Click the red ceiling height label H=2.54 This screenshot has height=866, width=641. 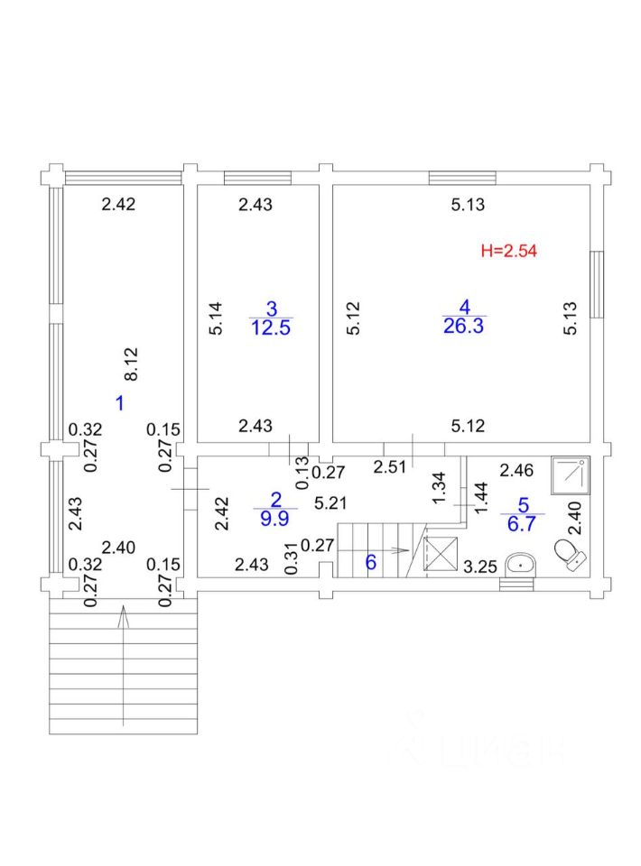tap(509, 252)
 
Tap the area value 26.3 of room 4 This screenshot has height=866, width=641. tap(464, 327)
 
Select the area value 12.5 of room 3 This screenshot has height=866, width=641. tap(271, 327)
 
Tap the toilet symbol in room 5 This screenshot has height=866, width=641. tap(569, 553)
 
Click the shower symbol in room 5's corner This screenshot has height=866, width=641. tap(571, 474)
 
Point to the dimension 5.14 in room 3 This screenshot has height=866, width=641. tap(215, 318)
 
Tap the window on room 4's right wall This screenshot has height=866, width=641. tap(596, 284)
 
